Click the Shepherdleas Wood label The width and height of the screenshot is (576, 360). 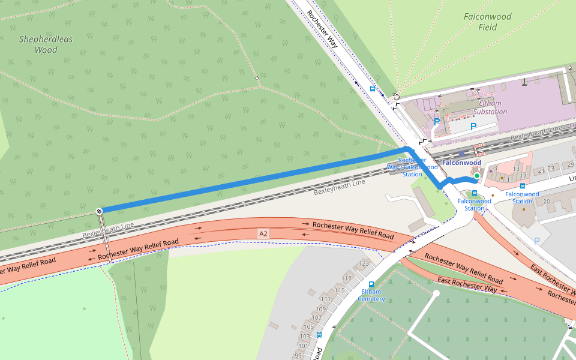point(46,44)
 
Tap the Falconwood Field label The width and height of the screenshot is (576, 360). point(487,22)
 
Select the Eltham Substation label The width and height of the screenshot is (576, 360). point(490,107)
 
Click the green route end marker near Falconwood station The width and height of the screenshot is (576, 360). point(476,176)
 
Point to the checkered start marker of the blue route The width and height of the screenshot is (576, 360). point(98,211)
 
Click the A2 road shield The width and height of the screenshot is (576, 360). point(263,233)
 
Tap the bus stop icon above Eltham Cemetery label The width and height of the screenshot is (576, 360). point(371,284)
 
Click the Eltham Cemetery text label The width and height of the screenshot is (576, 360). point(371,295)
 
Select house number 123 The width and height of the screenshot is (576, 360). point(364,263)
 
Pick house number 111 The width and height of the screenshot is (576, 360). point(326,299)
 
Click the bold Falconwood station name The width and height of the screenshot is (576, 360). point(461,163)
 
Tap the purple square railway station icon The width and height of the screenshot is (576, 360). point(462,154)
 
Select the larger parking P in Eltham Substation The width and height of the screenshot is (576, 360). point(473,127)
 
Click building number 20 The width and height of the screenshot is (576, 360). point(547,201)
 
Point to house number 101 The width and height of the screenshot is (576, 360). point(302,346)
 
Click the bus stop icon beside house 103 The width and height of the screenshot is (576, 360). point(319,335)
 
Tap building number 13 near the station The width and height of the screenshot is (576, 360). point(516,169)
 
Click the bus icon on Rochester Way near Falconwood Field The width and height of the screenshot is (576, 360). point(373,88)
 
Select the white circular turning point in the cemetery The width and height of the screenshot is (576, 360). point(437,293)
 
